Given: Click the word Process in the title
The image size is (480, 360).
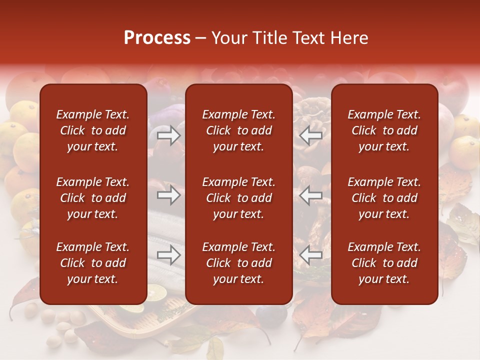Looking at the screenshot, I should (x=157, y=38).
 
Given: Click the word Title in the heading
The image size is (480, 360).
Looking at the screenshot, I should (x=271, y=38).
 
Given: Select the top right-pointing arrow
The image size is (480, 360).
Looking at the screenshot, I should (x=168, y=135).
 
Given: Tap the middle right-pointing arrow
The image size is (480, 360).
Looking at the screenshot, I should (x=168, y=195).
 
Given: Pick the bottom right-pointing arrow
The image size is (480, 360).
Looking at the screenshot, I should (x=168, y=255).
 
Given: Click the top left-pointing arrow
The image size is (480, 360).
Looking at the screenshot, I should (x=311, y=135).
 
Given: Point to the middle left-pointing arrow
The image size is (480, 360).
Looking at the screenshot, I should (x=311, y=195).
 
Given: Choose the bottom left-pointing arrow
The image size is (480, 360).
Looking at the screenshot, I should (x=311, y=255).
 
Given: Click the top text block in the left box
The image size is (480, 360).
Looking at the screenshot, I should (x=93, y=130).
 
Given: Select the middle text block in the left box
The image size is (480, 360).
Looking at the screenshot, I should (x=93, y=198).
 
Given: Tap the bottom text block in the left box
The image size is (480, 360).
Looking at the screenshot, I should (x=93, y=263).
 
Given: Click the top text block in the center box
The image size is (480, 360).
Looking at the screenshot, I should (x=239, y=130).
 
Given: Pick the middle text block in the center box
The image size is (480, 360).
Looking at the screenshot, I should (x=239, y=198).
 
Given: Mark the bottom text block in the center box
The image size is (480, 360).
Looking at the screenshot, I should (x=239, y=263).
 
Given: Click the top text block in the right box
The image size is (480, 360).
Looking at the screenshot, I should (x=384, y=130).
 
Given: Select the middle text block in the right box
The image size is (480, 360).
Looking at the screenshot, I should (x=384, y=198).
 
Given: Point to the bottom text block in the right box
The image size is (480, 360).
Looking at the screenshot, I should (x=384, y=263).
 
